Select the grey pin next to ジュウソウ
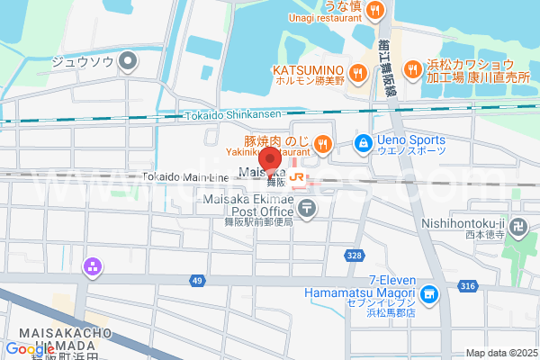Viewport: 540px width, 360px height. click(129, 62)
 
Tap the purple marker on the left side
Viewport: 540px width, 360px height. click(91, 265)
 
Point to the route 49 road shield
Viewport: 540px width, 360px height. click(197, 282)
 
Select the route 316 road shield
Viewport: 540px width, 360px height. click(467, 286)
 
